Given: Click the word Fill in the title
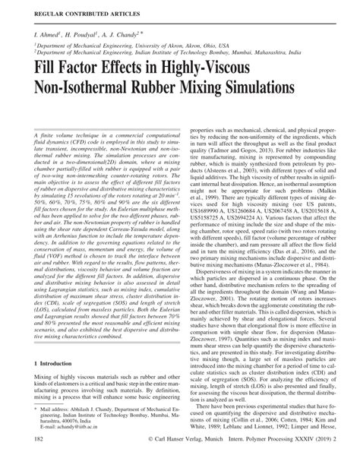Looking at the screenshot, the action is (47, 69).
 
